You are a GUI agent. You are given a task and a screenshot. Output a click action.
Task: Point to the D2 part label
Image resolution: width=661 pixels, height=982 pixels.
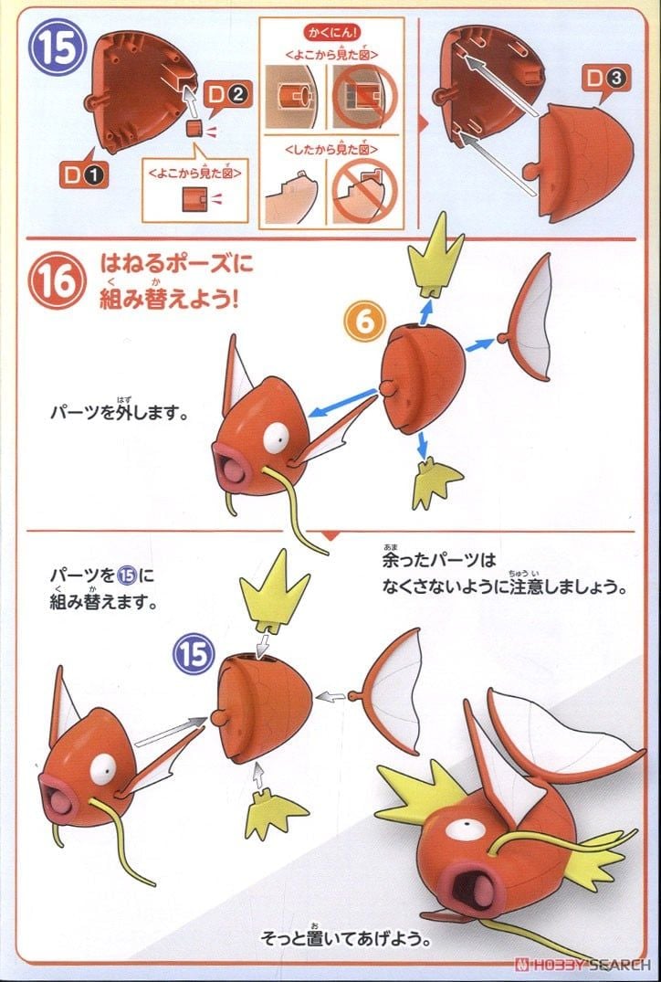(226, 92)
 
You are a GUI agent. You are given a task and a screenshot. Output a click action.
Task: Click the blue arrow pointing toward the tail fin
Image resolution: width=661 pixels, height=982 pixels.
(480, 344)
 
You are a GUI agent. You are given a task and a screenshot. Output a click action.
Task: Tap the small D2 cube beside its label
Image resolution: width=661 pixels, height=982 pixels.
(194, 129)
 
